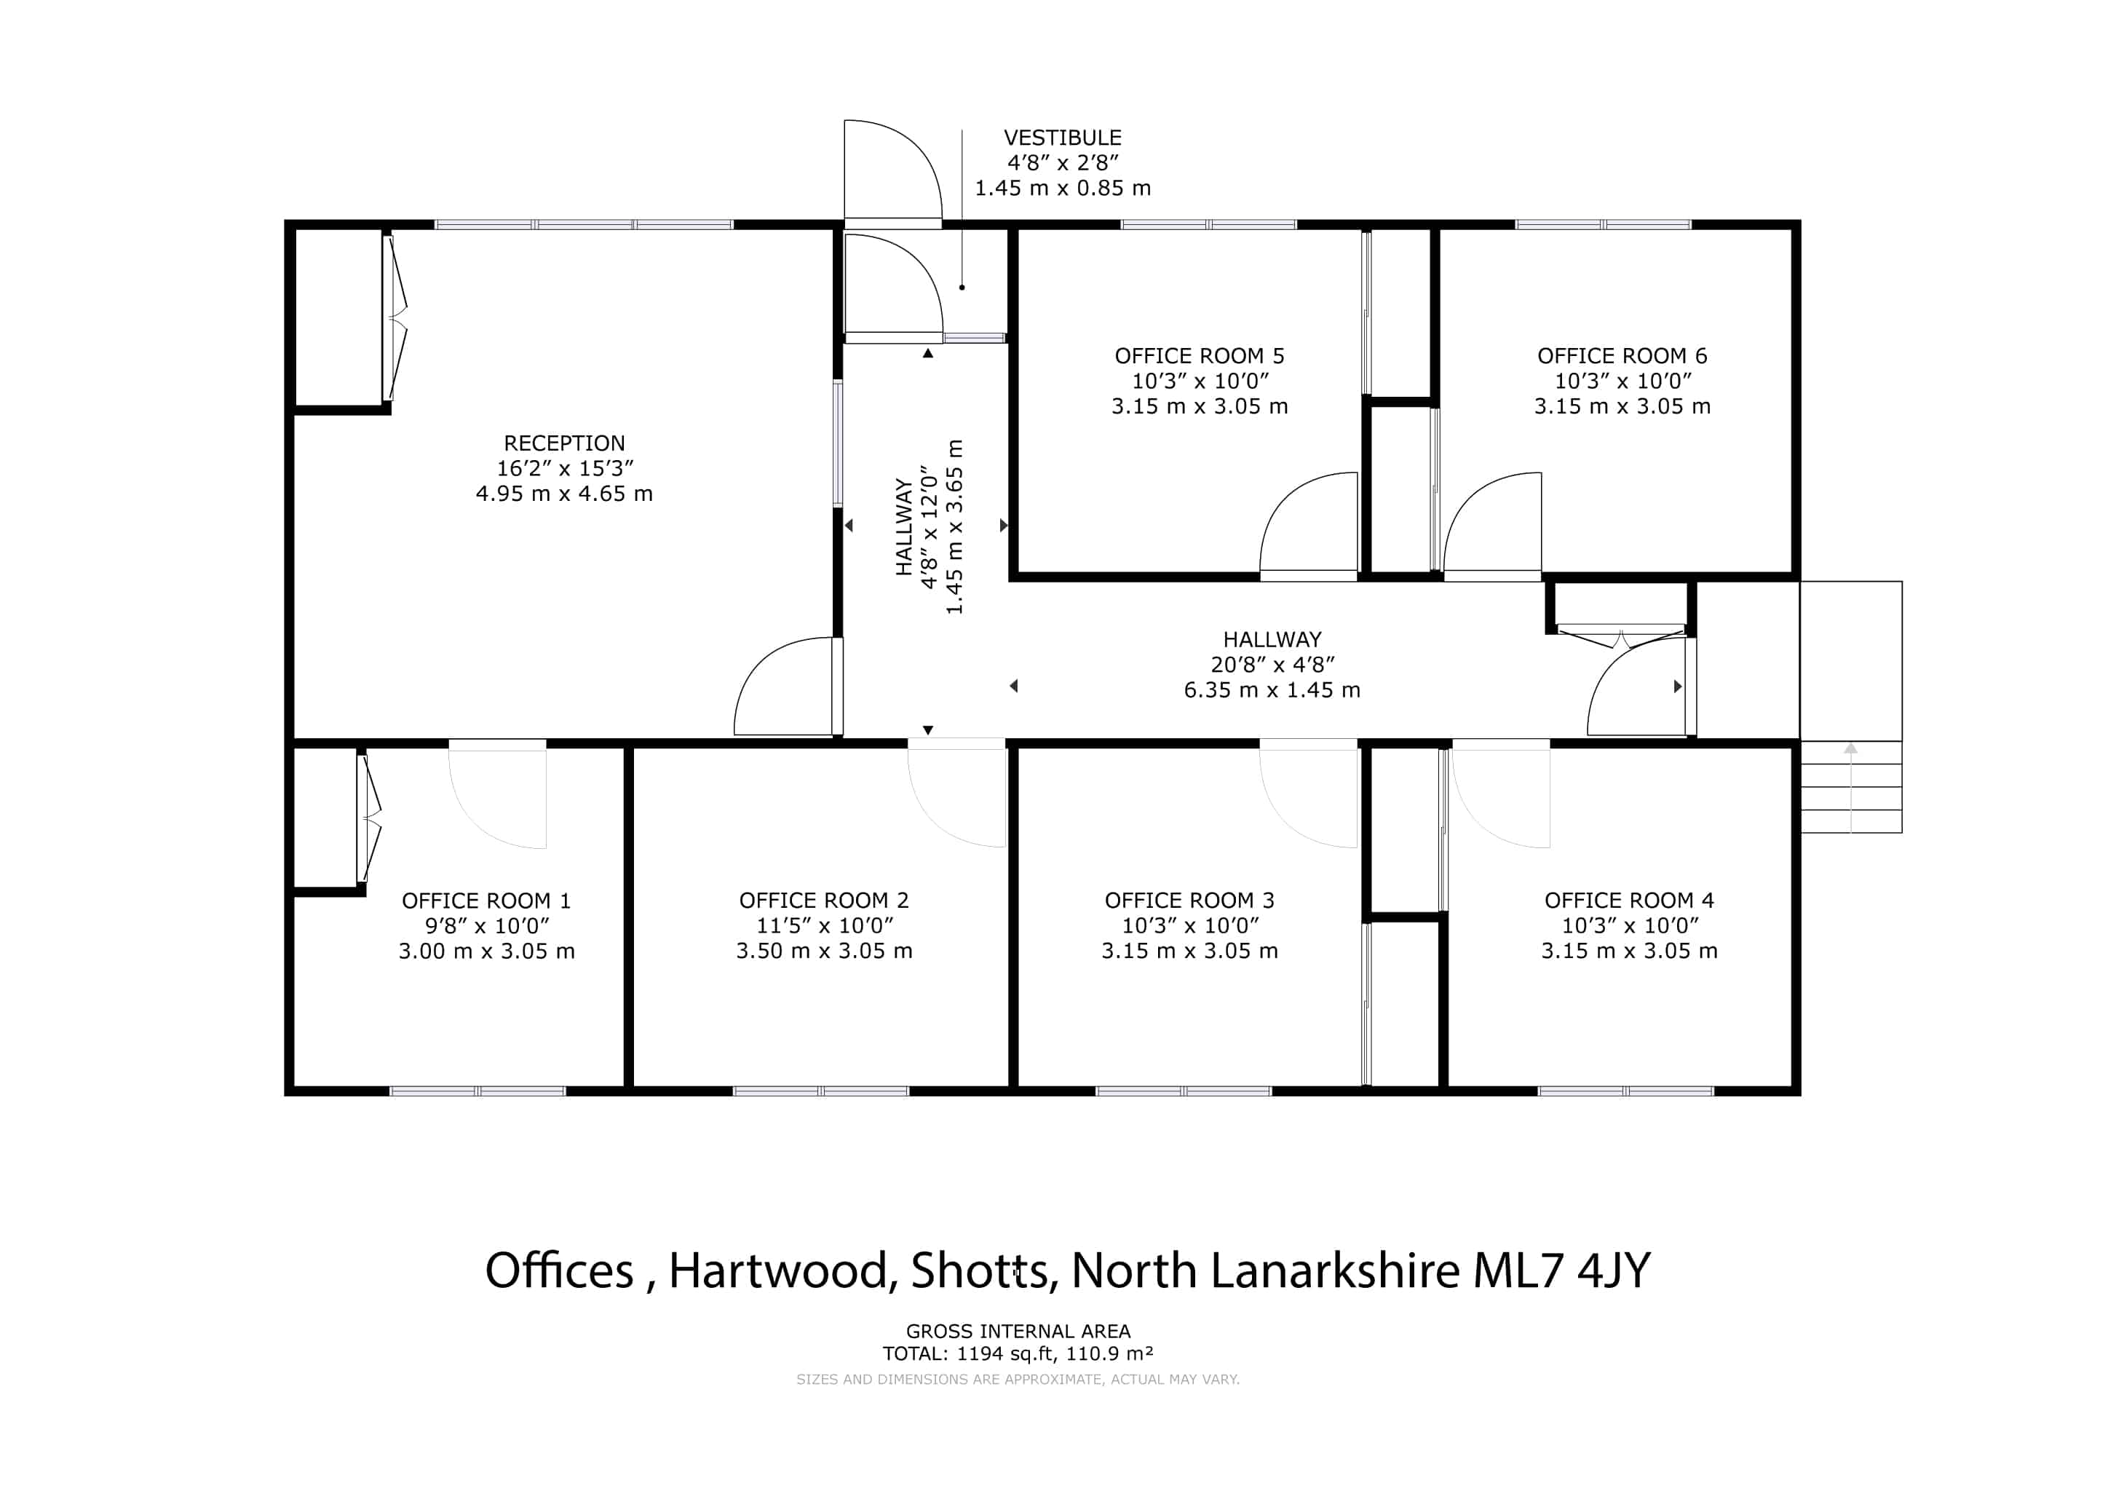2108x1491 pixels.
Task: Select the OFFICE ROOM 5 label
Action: tap(1199, 356)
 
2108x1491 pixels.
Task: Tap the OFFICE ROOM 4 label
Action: tap(1629, 901)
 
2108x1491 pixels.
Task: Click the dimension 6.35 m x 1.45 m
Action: tap(1272, 690)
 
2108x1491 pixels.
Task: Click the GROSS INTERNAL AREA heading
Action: tap(1018, 1332)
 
